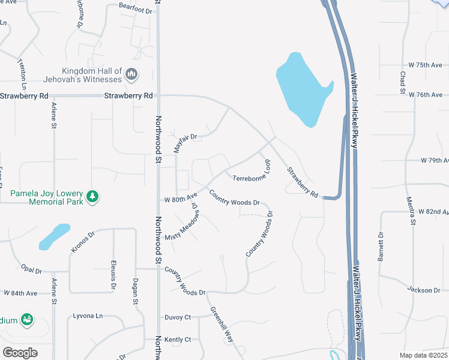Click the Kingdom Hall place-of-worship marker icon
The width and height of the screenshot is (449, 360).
point(132,75)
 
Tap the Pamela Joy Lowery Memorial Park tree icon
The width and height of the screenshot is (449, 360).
point(92,196)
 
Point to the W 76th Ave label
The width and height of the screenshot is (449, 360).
point(428,95)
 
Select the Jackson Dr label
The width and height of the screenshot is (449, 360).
point(424,290)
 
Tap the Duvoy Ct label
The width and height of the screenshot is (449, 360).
point(178,317)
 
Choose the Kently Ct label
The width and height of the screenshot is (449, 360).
point(178,340)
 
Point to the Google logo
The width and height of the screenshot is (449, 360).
point(20,352)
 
